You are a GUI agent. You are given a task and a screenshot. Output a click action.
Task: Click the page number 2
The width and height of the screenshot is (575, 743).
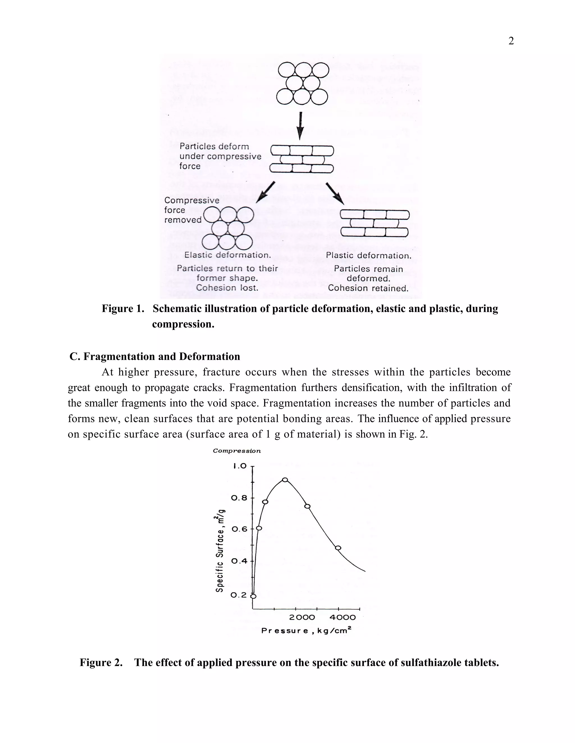(511, 41)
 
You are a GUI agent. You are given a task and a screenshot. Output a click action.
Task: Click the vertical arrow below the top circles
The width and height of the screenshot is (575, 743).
(300, 126)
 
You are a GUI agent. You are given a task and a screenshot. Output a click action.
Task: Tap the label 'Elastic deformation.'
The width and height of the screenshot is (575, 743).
(227, 255)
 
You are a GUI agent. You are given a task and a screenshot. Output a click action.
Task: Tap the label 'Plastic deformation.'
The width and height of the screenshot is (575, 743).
(369, 255)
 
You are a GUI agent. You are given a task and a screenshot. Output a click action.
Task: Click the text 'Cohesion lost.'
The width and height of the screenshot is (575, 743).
(227, 288)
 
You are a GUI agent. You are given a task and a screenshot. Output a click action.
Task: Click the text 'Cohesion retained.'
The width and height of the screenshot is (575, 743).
(368, 289)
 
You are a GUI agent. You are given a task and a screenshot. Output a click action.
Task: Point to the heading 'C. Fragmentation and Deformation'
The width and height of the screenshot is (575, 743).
(155, 357)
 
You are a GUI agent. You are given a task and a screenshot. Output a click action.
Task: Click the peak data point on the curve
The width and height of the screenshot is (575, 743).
(285, 480)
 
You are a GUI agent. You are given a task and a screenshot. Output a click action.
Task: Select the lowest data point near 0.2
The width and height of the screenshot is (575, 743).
(253, 596)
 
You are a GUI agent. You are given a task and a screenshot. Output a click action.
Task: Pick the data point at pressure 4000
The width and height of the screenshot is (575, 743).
(338, 548)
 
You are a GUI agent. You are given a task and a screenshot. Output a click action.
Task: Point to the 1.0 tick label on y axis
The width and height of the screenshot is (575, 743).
(240, 466)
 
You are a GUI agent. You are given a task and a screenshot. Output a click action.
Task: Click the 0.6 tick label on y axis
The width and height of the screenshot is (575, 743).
(239, 529)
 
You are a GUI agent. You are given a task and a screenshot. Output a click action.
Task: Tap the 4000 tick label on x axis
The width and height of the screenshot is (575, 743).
(343, 617)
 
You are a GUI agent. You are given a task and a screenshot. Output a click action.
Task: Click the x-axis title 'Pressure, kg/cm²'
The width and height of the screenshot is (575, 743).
(306, 631)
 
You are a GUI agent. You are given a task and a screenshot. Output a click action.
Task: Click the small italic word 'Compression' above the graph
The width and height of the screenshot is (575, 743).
(237, 451)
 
